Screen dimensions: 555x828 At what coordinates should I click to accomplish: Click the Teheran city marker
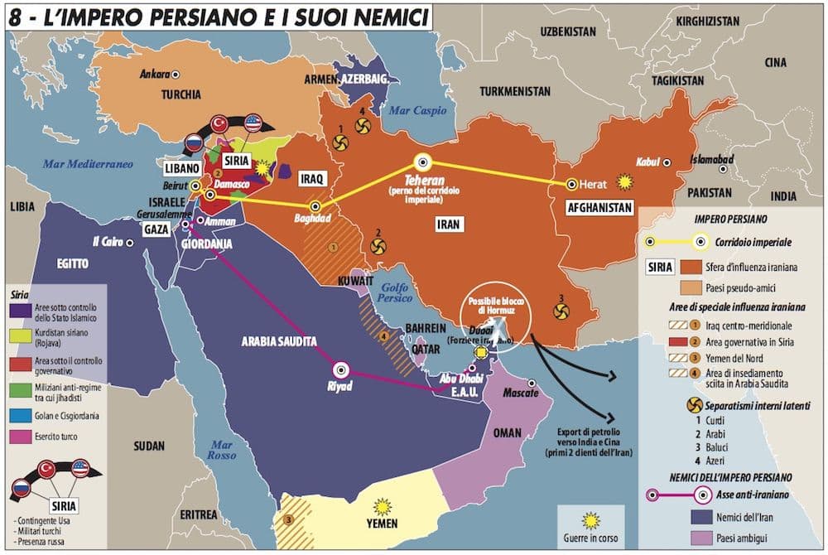423,163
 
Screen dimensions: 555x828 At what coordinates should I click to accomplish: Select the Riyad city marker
341,370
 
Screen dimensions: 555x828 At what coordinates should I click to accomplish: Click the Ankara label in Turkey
154,73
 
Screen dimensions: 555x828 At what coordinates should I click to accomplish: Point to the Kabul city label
647,162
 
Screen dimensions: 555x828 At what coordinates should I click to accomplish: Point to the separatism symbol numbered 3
561,311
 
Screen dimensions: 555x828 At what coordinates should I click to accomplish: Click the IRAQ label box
315,178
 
